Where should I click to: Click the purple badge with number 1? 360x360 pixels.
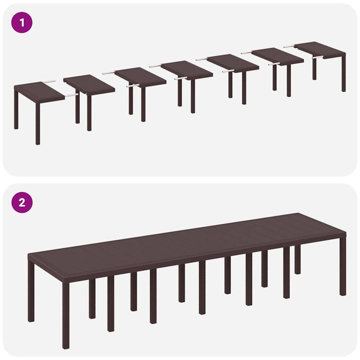(22, 22)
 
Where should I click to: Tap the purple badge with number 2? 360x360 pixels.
(22, 202)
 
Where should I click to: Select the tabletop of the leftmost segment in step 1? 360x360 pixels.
(38, 92)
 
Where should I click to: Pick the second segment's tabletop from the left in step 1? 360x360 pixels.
(89, 85)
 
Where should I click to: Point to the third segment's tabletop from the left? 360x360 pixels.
(140, 76)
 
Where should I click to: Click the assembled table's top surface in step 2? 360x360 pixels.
(180, 243)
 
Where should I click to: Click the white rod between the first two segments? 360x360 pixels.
(70, 95)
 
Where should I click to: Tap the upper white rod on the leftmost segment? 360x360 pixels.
(49, 82)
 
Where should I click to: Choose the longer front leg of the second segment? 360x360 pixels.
(89, 112)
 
